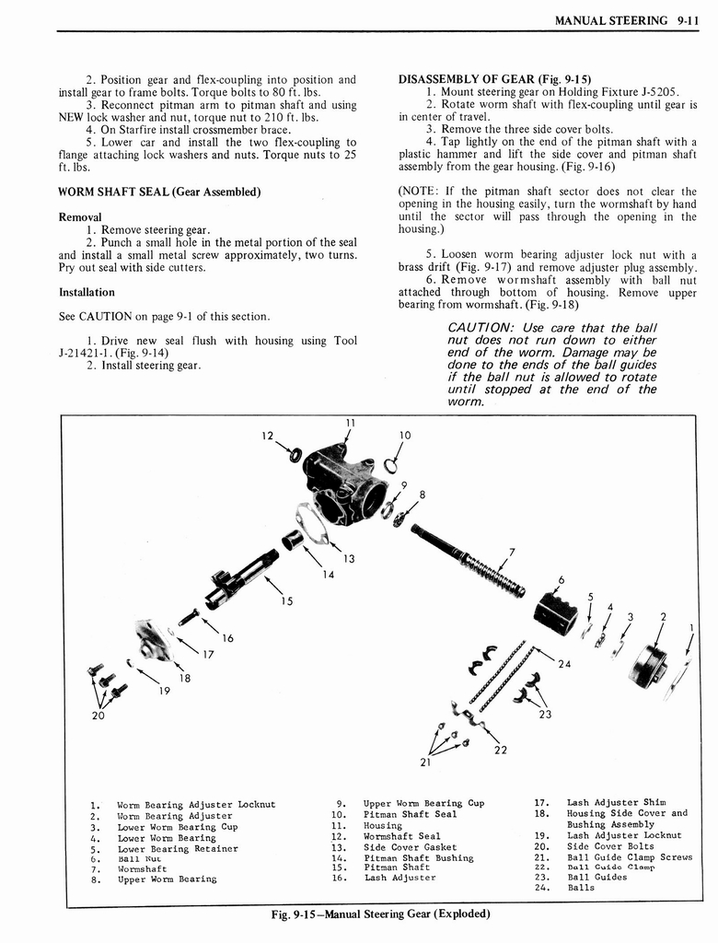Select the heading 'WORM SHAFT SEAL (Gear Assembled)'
[159, 192]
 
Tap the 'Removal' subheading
[80, 217]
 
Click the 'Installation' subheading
[87, 292]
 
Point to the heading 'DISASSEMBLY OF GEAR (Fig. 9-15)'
[494, 79]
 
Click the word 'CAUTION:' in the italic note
[481, 329]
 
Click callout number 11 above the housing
[350, 425]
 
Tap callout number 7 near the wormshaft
[512, 553]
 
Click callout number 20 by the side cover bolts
[98, 715]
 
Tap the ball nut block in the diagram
[555, 608]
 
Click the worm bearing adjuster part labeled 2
[649, 665]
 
